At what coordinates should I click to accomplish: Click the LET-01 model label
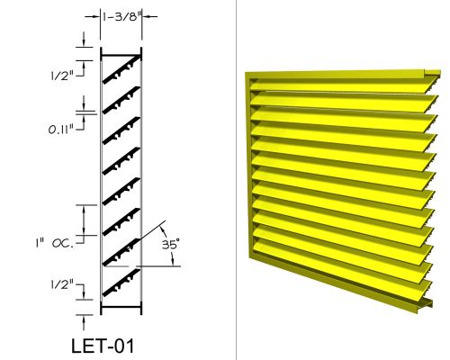(x=103, y=346)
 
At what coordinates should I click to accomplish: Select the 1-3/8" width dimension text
(x=121, y=16)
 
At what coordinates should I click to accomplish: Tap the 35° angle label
(x=171, y=245)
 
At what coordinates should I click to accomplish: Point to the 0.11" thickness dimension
(x=61, y=130)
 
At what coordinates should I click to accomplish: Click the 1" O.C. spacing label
(x=54, y=243)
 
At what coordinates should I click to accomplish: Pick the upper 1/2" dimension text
(x=62, y=76)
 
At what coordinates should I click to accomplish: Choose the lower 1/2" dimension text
(x=62, y=284)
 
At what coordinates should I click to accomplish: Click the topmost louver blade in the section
(x=121, y=69)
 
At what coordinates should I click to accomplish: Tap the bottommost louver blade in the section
(x=121, y=283)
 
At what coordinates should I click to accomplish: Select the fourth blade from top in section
(x=121, y=160)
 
